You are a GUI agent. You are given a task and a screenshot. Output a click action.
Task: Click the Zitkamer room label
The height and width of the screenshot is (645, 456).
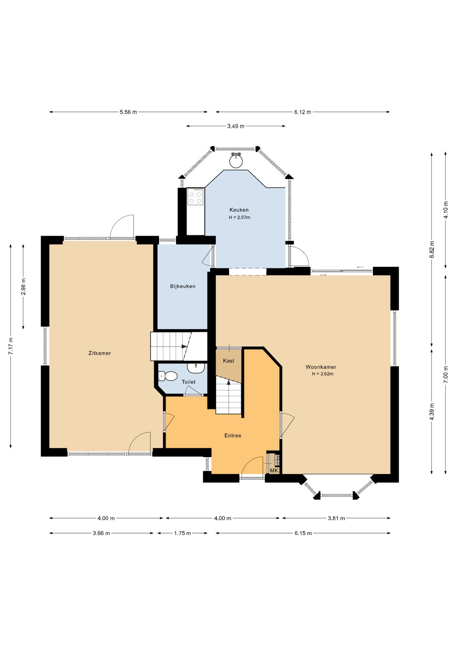[99, 353]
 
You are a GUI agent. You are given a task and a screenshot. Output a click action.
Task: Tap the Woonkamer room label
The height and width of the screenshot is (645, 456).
[321, 367]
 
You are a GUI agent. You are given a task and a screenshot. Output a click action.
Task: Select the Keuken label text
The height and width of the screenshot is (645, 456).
[239, 210]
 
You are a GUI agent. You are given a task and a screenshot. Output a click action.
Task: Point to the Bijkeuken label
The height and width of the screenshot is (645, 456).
[183, 286]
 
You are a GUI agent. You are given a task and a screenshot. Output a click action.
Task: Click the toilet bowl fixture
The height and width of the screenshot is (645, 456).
[168, 376]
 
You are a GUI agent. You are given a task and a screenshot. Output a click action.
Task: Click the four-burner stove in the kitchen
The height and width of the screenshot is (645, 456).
[195, 197]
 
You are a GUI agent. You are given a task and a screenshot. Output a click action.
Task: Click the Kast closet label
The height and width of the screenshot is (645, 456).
[229, 361]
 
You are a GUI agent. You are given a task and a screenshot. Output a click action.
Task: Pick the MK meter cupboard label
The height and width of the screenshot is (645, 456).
[274, 471]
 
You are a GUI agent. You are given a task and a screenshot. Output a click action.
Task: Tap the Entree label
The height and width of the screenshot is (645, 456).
[233, 435]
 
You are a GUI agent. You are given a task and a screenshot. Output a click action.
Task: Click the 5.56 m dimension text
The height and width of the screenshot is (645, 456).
[128, 112]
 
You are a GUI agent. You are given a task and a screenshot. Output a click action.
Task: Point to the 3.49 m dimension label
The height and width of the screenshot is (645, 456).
[236, 126]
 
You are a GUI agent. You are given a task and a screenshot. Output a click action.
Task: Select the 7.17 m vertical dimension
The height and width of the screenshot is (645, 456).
[11, 346]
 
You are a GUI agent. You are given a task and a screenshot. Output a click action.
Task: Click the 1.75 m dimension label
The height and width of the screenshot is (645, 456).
[182, 533]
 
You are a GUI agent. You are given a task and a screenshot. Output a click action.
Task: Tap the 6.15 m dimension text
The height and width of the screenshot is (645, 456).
[303, 533]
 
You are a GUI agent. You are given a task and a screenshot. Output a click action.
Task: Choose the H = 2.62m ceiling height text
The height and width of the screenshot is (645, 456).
[322, 374]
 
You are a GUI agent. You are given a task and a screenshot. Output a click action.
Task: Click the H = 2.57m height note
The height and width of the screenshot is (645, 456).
[239, 217]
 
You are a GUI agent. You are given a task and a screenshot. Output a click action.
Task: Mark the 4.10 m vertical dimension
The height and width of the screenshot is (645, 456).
[446, 210]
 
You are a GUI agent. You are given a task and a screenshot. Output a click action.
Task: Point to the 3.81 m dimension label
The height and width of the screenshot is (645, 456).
[336, 518]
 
